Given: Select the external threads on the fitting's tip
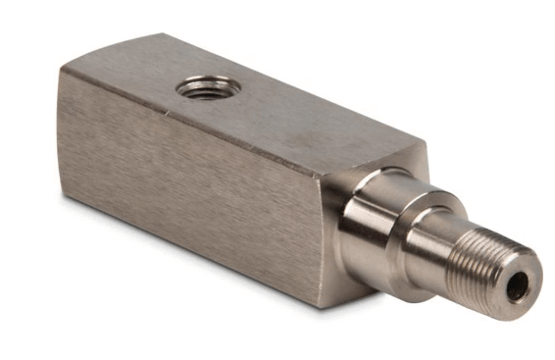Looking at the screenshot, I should [481, 265].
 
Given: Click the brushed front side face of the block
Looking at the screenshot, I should [186, 186].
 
